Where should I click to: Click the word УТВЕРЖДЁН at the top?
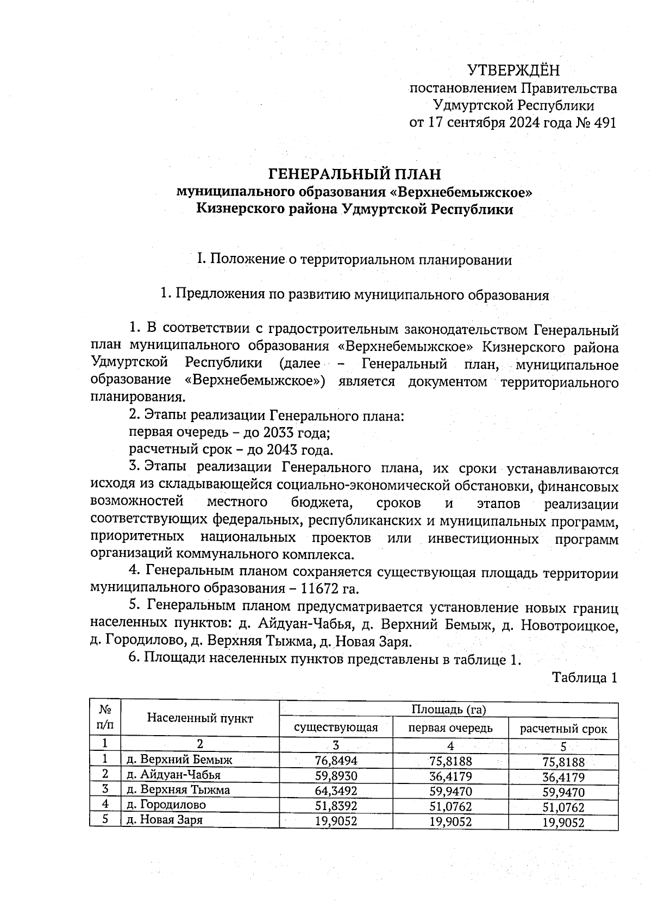[513, 71]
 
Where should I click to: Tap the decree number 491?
[605, 123]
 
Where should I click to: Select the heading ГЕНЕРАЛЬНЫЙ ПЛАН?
[355, 174]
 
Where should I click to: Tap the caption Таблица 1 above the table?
[585, 678]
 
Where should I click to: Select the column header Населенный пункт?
[200, 718]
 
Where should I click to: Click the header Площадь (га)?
[448, 710]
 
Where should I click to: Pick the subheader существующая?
[336, 727]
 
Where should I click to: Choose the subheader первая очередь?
[450, 727]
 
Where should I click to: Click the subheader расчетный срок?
[563, 729]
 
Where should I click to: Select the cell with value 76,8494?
[336, 761]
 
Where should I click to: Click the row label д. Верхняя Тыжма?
[178, 789]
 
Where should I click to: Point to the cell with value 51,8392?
[336, 805]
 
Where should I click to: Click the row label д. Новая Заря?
[165, 820]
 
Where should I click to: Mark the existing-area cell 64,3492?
[336, 791]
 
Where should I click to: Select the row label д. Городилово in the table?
[166, 805]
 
